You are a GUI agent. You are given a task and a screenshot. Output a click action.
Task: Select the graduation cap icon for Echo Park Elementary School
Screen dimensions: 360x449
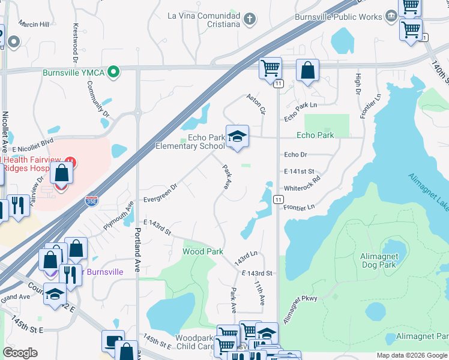[237, 137]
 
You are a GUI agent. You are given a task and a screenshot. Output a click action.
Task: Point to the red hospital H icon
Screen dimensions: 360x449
[70, 162]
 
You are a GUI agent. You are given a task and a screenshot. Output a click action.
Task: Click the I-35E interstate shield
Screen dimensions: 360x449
[91, 201]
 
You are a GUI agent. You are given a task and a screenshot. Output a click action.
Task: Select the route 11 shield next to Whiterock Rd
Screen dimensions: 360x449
[278, 199]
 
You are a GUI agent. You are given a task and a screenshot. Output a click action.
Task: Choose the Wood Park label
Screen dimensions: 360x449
[203, 251]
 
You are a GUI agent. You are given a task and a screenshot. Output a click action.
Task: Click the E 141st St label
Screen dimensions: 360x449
[298, 167]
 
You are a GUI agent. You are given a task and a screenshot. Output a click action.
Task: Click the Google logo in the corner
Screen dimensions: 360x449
[20, 353]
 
